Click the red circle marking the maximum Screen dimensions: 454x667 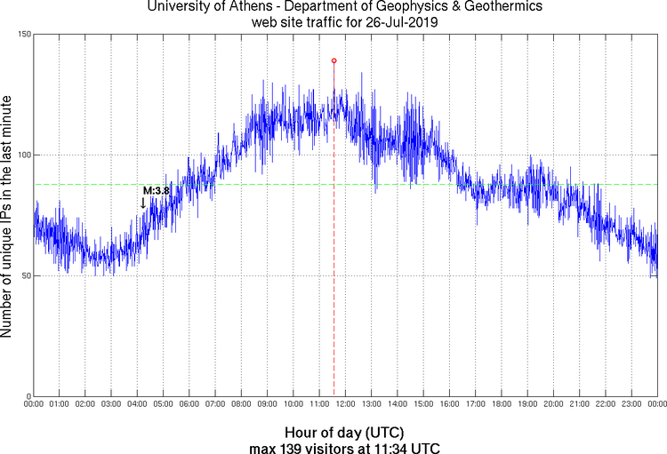point(333,60)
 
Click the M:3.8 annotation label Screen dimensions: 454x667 point(156,190)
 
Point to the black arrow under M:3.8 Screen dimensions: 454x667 point(143,203)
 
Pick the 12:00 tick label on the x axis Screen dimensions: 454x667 point(346,404)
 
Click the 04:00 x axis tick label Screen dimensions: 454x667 point(138,404)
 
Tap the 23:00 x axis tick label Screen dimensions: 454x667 point(631,404)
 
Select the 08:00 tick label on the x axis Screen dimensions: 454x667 point(242,404)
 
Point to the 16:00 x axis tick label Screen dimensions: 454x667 point(450,404)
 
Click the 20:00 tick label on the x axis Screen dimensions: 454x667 point(553,404)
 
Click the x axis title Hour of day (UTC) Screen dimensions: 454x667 point(345,432)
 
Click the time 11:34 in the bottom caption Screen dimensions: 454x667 point(395,447)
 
